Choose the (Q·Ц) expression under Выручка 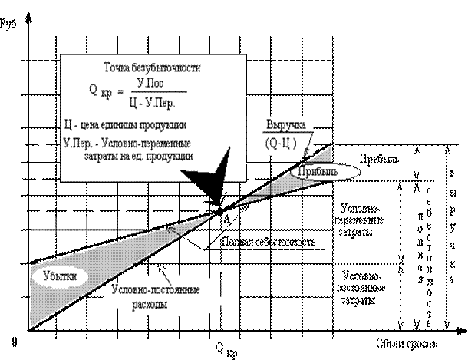point(281,143)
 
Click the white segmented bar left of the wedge point(87,224)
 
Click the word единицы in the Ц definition point(128,125)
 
